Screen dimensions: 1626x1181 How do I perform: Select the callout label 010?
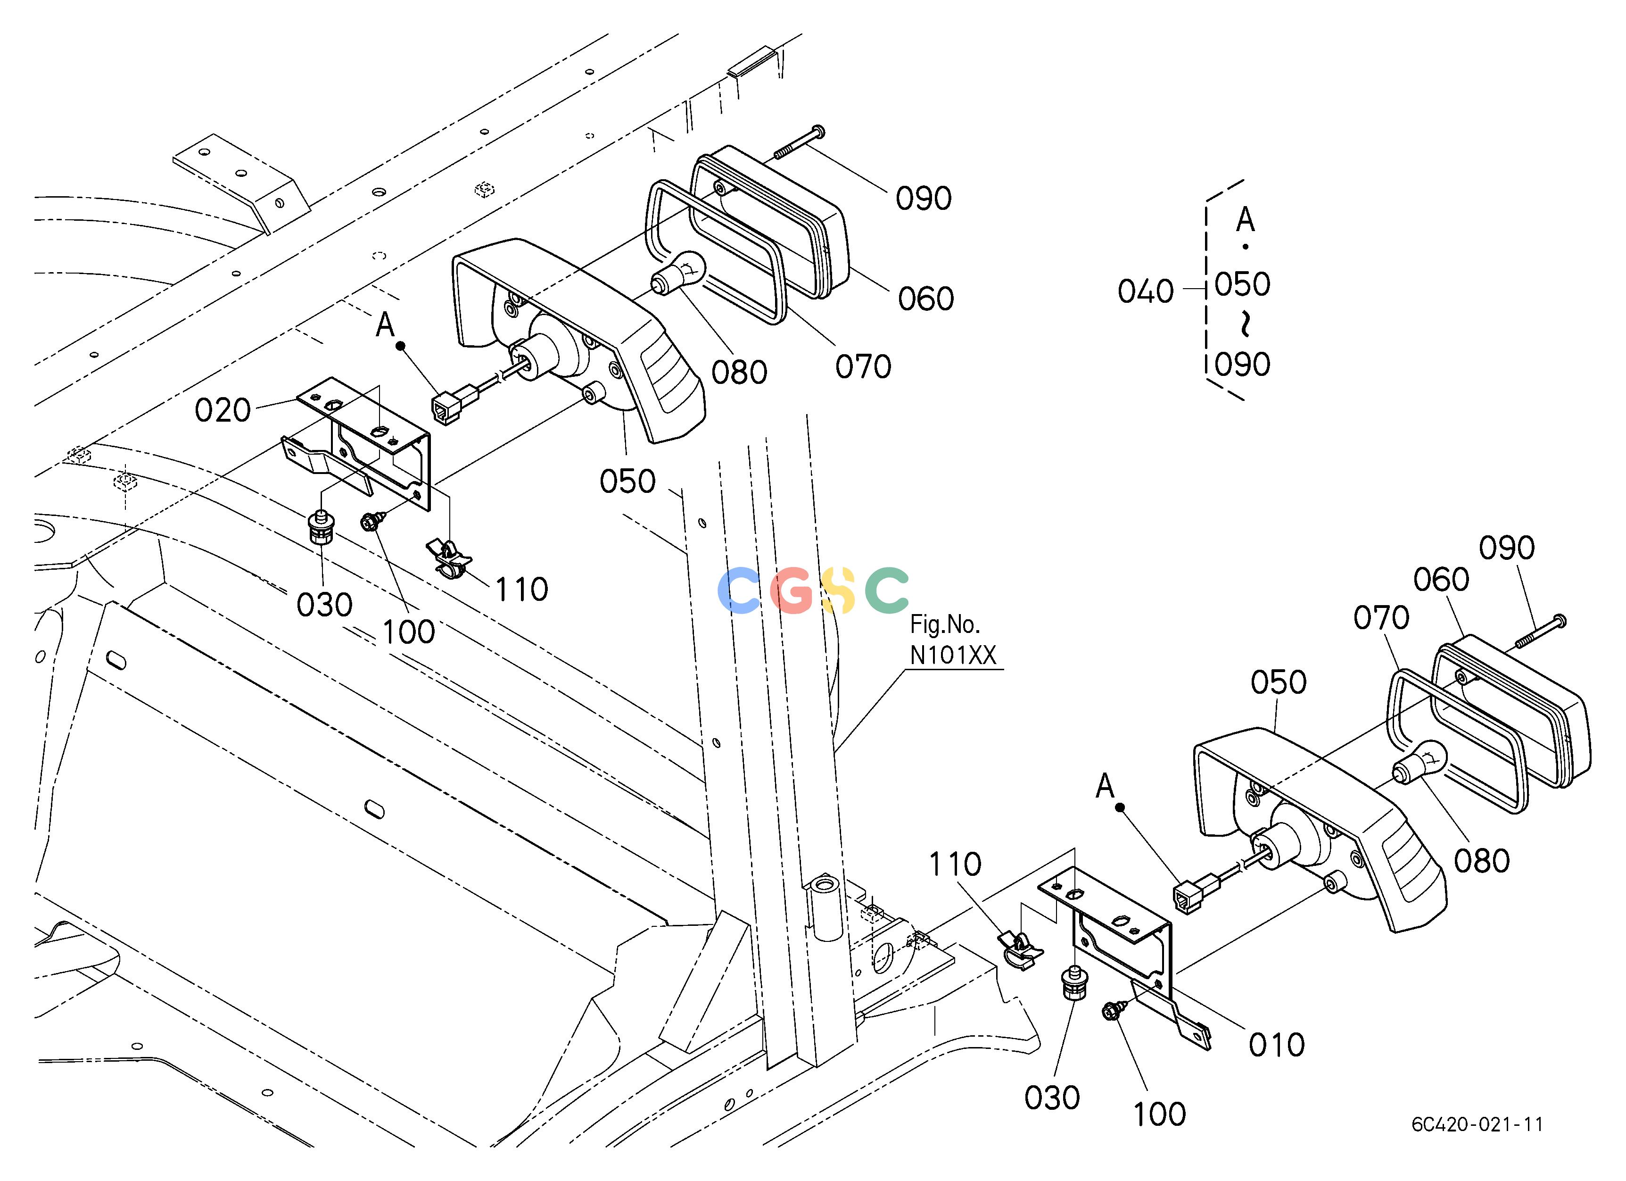[x=1277, y=1046]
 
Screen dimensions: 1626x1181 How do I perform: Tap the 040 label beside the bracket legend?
[x=1146, y=291]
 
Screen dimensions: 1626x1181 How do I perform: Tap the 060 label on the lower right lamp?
[x=1441, y=579]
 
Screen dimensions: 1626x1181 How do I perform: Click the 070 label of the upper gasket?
[x=863, y=367]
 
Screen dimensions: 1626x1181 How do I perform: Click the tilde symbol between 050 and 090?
[x=1245, y=324]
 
